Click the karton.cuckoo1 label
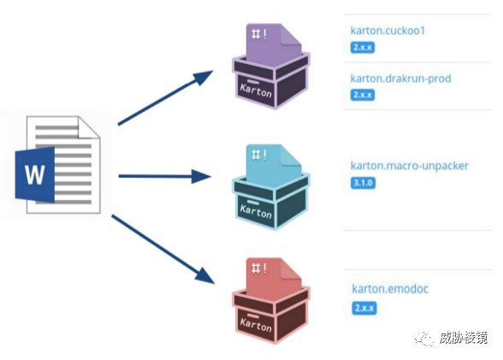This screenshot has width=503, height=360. coord(388,31)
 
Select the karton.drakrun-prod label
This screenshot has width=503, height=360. coord(400,79)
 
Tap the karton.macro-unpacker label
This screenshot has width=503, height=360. coord(409,166)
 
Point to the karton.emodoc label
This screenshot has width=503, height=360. coord(390,289)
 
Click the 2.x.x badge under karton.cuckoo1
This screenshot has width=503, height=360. coord(363,47)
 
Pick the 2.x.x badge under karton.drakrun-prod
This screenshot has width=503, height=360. coord(363,95)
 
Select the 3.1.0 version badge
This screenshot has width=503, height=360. coord(363,183)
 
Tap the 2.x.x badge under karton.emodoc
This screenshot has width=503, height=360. coord(364,308)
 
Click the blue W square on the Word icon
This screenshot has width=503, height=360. coord(34,174)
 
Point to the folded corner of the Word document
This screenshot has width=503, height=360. coord(89,127)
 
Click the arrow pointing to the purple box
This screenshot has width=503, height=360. coord(165,97)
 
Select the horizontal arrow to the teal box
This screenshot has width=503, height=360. coord(165,176)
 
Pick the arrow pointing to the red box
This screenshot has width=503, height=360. coord(163,250)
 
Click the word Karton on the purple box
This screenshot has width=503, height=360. coord(256,91)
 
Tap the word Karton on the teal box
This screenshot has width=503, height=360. coord(256,211)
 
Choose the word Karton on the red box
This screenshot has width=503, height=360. coord(256,324)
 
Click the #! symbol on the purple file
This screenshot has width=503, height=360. coord(259,34)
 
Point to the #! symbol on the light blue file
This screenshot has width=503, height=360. coord(259,155)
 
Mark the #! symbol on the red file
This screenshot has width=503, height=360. coord(259,268)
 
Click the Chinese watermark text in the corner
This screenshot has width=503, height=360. coord(464,338)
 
